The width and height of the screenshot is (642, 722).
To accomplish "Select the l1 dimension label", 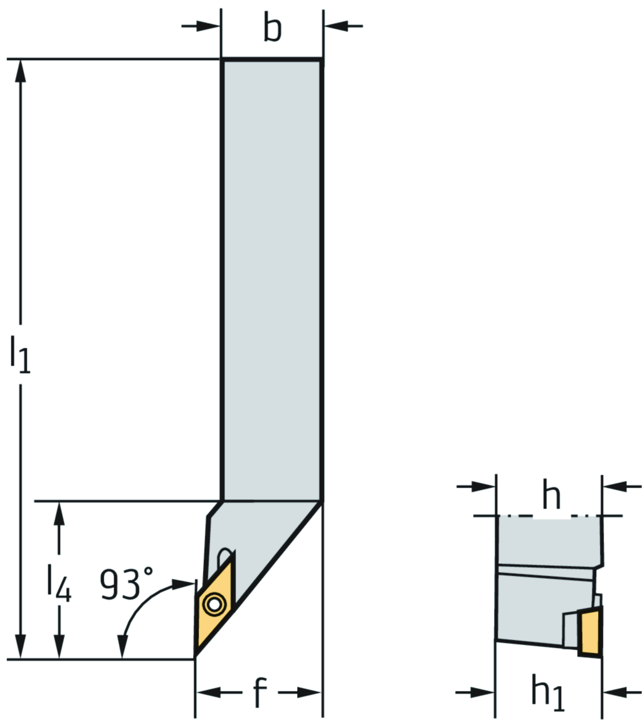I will point(20,354).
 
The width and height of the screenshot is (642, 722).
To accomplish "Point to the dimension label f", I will point(260,693).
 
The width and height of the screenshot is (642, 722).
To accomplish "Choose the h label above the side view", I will point(551,496).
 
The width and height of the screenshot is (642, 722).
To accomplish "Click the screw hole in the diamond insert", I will point(215,605).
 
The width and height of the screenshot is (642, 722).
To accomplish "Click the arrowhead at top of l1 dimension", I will point(21,70).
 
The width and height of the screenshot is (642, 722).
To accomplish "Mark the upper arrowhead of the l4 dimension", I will point(60,513).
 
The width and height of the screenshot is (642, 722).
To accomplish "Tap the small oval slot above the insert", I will point(223,555).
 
